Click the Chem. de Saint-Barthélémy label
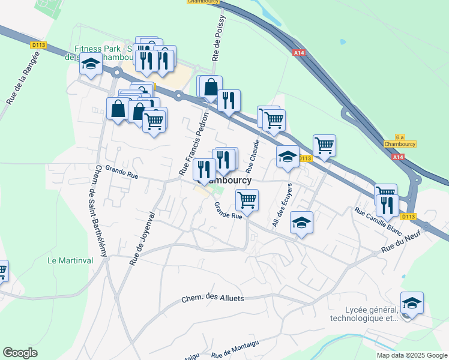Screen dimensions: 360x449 coord(95,211)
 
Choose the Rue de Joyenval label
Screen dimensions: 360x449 coord(142,238)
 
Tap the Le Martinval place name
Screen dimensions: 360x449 coord(68,261)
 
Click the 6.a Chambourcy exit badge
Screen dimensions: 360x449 coord(400,141)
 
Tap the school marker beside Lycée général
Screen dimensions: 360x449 coord(412,302)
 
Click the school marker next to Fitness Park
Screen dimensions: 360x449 coord(91,64)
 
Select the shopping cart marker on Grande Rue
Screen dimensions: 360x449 coord(247,200)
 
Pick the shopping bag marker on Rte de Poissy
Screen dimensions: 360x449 coord(211,87)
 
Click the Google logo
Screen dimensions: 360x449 coord(20,353)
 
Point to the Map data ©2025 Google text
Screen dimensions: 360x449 coord(412,355)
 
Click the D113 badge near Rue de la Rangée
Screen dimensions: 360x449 coord(38,45)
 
